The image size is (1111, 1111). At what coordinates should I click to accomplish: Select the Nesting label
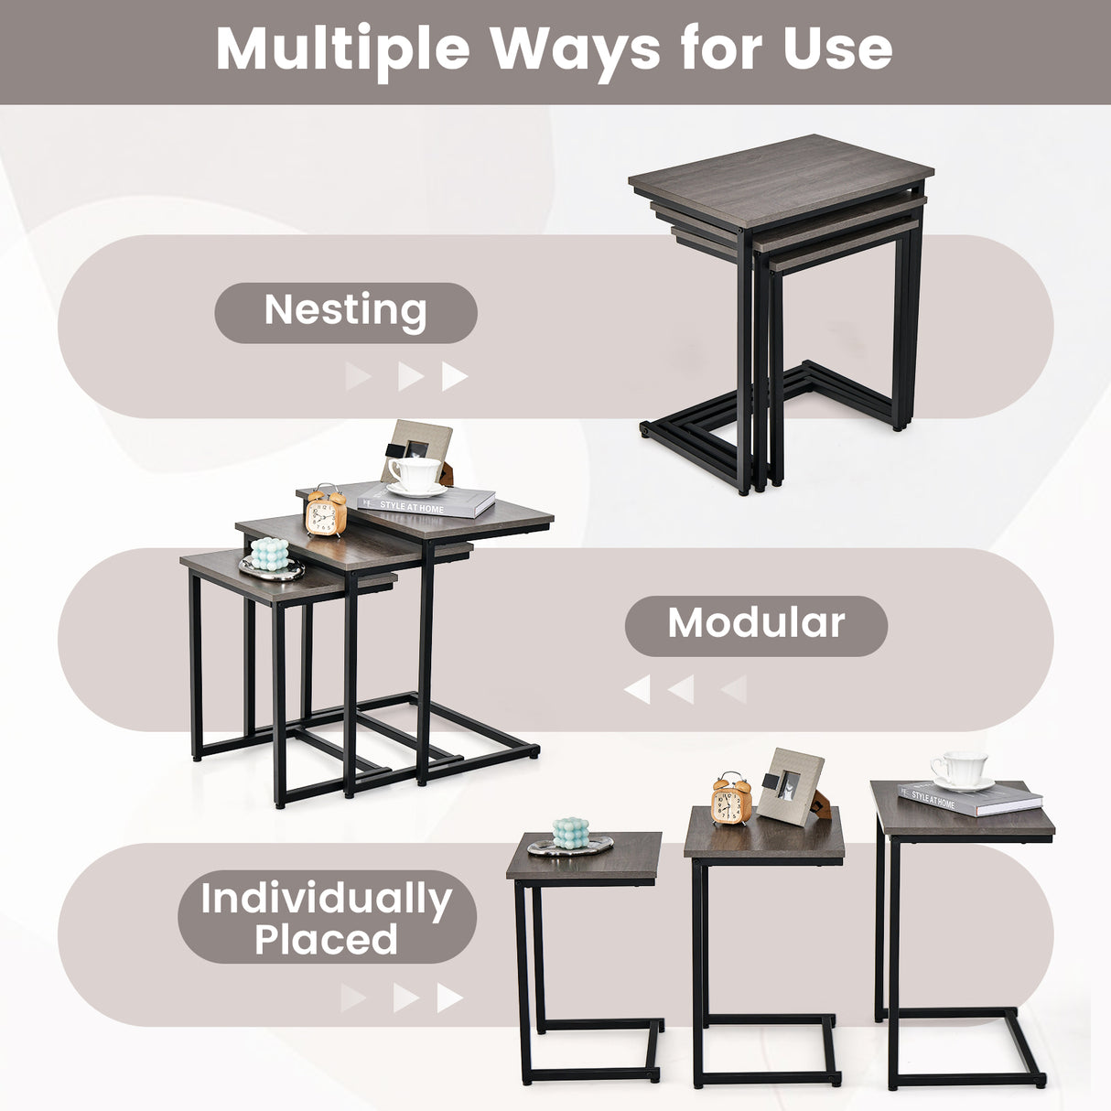[345, 311]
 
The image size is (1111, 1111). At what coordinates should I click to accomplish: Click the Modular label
[756, 624]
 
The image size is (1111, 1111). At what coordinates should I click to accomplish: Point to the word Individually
[327, 899]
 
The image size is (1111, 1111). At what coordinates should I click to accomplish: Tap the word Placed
[327, 940]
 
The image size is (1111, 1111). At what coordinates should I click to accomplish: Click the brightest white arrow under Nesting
[454, 376]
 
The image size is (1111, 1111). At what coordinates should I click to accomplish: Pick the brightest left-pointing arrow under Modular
[637, 689]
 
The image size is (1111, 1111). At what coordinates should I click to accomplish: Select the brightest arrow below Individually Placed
[449, 998]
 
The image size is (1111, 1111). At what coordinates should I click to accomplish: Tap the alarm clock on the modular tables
[326, 512]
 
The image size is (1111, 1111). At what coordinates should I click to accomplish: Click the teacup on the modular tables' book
[415, 474]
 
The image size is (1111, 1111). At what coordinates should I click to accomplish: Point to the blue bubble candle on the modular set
[270, 554]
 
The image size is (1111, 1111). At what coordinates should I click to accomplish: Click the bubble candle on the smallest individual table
[571, 834]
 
